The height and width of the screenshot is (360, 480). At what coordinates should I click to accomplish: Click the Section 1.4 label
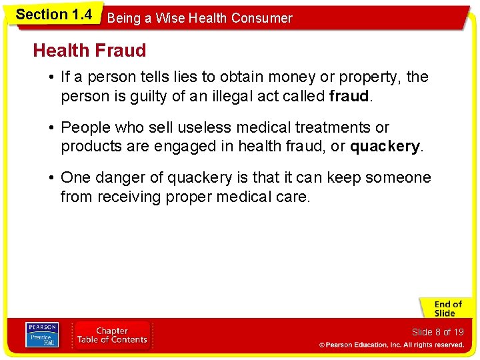[53, 15]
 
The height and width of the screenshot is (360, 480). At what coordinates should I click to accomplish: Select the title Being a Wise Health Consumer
[199, 19]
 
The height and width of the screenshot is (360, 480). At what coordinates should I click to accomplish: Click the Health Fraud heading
[89, 51]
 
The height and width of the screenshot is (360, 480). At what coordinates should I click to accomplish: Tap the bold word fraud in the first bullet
[349, 97]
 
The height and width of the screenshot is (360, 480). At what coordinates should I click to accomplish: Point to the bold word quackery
[385, 147]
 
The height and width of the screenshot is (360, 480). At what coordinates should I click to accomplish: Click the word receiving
[129, 197]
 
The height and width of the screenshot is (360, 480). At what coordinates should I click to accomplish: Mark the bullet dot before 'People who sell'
[51, 127]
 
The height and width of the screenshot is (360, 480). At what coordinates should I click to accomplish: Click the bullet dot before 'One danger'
[51, 178]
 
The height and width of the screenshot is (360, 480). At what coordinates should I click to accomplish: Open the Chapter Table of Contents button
[112, 335]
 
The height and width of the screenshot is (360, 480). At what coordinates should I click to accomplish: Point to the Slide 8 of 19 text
[437, 332]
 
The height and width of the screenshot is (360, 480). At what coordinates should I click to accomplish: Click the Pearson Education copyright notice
[391, 345]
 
